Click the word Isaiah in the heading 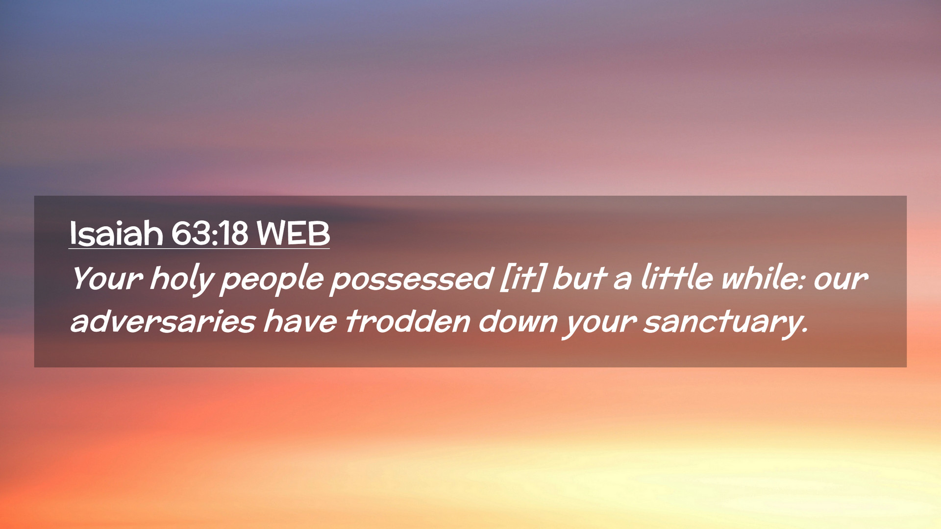[116, 233]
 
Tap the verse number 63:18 [210, 233]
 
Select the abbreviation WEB [293, 233]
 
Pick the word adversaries [163, 321]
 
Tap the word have [300, 321]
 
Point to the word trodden [407, 321]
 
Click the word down [518, 321]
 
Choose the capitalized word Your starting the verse [107, 278]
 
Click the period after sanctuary [804, 331]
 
